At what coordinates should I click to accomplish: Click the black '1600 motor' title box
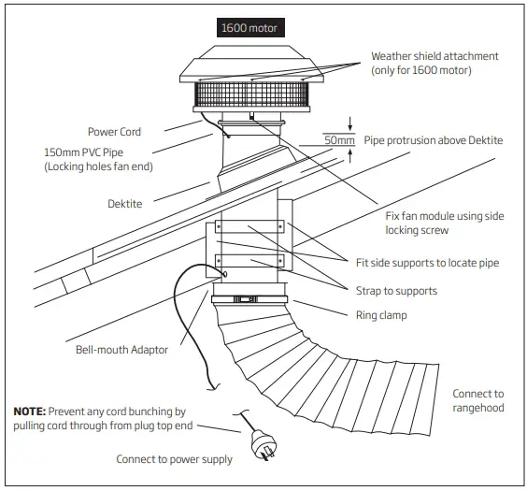(x=249, y=27)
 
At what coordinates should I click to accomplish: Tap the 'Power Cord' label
(x=114, y=132)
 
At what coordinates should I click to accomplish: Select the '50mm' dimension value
(x=338, y=140)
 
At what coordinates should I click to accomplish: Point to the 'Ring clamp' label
(x=380, y=315)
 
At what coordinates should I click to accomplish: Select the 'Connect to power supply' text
(x=174, y=459)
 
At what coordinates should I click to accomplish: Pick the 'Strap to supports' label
(x=395, y=291)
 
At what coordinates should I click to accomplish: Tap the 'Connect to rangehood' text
(x=478, y=400)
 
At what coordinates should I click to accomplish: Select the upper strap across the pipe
(x=248, y=226)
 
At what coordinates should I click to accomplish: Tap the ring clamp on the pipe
(x=249, y=300)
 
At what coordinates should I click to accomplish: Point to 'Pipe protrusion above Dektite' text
(x=433, y=139)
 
